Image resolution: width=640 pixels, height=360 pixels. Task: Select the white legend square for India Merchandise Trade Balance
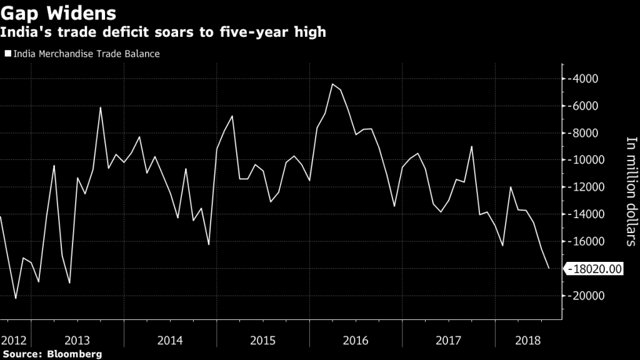[7, 54]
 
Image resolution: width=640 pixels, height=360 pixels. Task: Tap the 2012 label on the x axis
[13, 341]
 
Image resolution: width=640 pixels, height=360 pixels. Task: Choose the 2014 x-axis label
[170, 341]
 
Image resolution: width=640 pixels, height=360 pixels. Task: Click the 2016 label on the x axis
[356, 341]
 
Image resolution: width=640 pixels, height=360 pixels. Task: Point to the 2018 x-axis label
[529, 341]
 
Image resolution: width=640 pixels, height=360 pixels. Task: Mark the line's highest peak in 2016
[332, 84]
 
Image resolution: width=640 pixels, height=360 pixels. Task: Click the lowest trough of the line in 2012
[16, 299]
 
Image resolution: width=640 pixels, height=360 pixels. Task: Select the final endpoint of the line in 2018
[549, 268]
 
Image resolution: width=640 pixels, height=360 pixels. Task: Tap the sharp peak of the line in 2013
[101, 107]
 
